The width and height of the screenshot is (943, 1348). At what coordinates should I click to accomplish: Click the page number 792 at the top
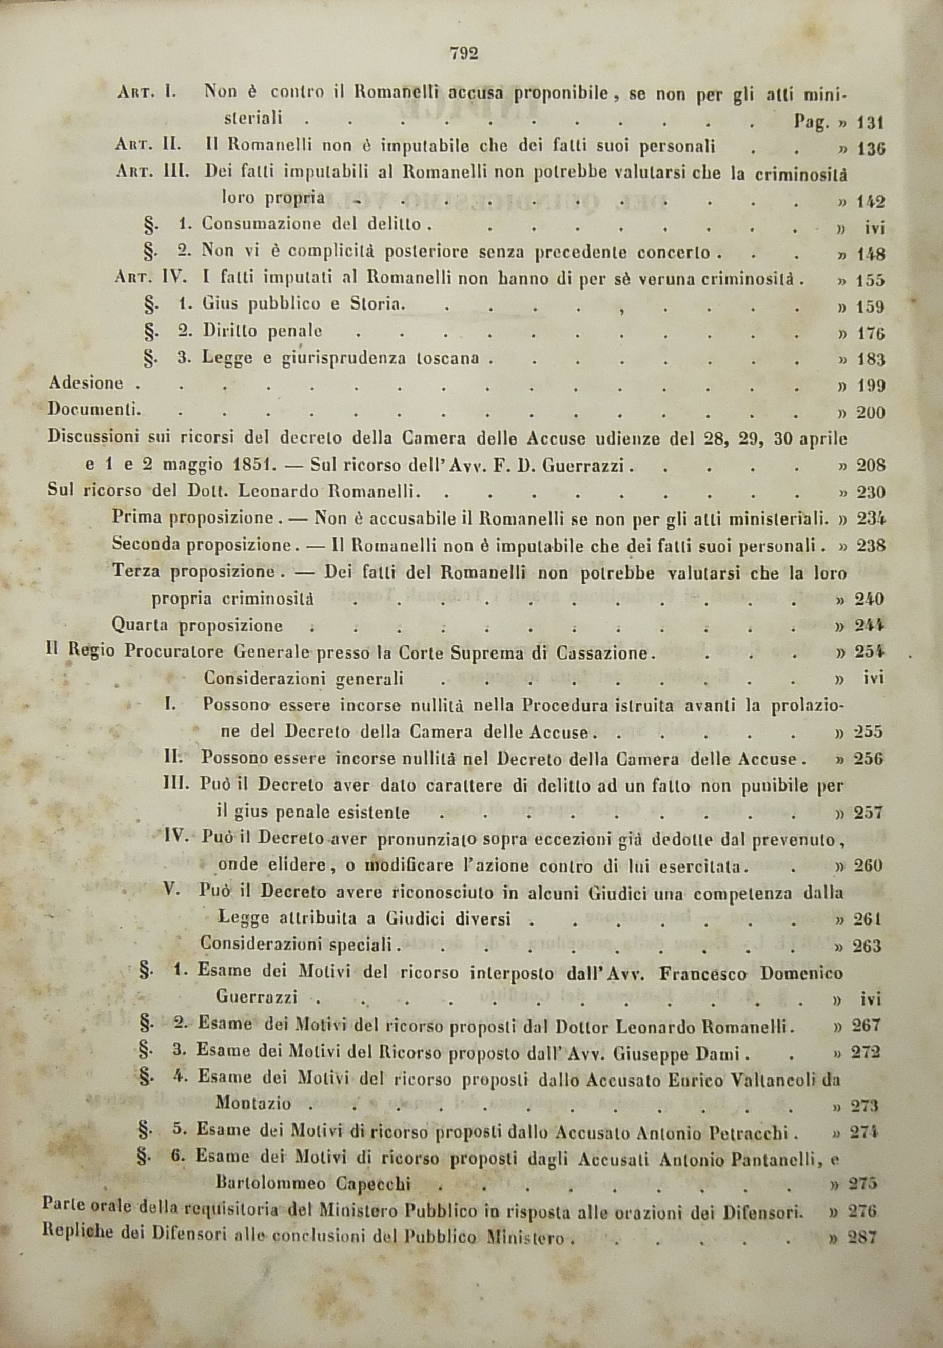tap(464, 54)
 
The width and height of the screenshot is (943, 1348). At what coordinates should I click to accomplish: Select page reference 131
tap(870, 123)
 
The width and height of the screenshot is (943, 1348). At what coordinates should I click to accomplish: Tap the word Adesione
tap(86, 384)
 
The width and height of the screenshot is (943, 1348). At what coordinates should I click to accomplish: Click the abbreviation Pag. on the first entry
tap(811, 122)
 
